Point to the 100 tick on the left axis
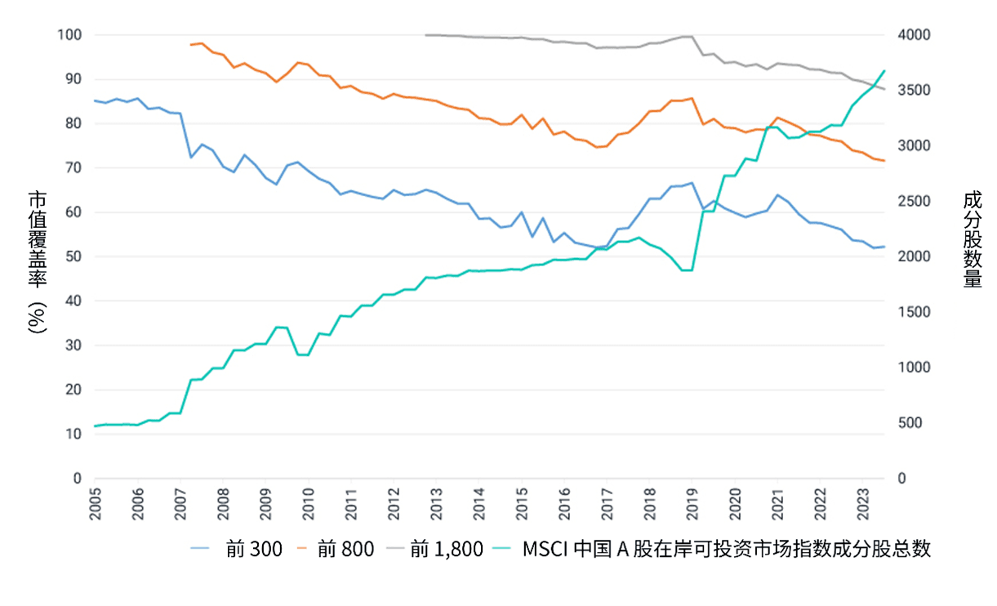[70, 35]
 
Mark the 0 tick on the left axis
[78, 479]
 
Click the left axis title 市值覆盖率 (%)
[38, 261]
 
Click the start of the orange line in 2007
[191, 45]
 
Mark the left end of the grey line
[426, 35]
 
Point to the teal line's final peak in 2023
[884, 70]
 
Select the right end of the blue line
[884, 247]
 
